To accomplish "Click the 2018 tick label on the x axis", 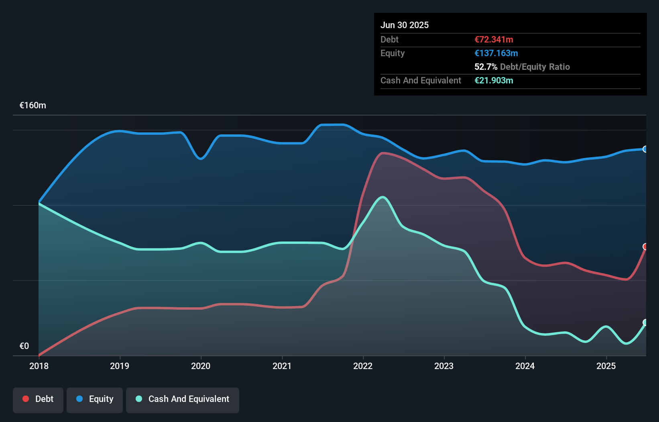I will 39,366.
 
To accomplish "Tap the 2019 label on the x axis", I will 120,366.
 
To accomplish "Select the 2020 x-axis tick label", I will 201,366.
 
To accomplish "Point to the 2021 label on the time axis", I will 282,366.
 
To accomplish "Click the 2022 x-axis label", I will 363,366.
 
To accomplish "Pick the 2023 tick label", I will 444,366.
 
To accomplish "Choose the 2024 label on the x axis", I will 525,366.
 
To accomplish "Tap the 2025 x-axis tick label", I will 606,366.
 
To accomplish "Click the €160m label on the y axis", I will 33,105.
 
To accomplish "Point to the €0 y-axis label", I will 24,346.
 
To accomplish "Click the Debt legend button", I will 38,399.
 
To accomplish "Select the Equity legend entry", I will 95,399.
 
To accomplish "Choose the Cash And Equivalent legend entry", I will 183,399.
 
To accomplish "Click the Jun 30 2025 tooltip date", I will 405,25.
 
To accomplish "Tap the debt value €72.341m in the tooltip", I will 494,39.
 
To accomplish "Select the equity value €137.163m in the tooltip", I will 496,53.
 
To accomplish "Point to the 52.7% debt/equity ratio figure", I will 486,67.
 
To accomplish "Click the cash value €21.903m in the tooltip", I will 494,80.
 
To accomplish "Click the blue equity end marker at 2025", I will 645,149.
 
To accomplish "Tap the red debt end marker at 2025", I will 645,247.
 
